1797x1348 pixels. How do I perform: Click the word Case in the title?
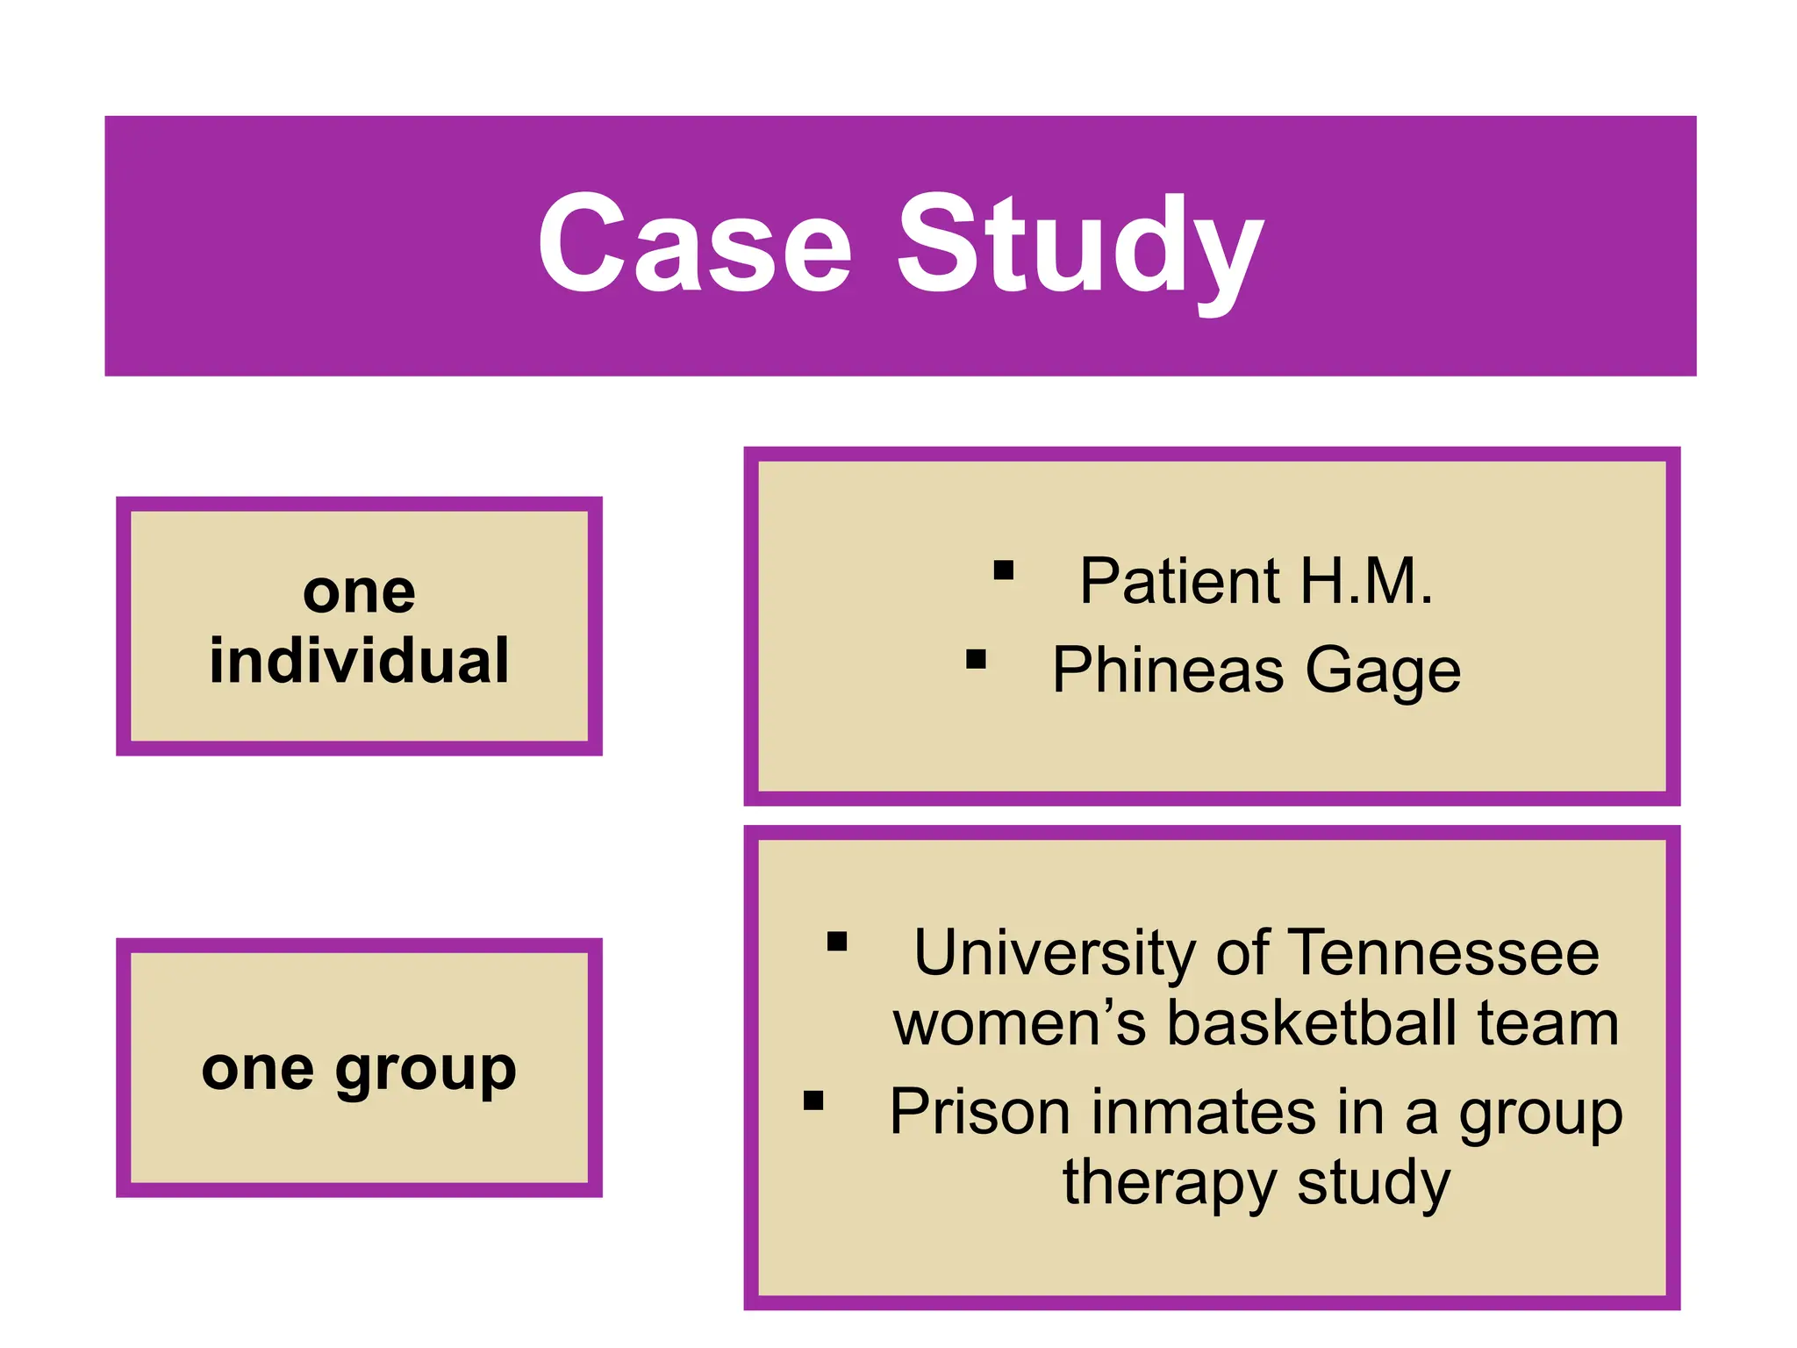(x=694, y=243)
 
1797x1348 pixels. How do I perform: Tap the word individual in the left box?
(x=359, y=660)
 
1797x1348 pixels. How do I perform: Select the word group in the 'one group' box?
(x=426, y=1072)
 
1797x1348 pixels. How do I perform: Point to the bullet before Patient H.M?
(x=1004, y=571)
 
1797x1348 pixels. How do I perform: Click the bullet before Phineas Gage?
(x=976, y=659)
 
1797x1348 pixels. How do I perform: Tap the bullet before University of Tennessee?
(x=837, y=942)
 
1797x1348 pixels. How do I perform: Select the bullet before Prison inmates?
(x=813, y=1101)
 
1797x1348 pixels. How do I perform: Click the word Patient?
(x=1180, y=581)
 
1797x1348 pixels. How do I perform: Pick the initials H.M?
(x=1365, y=581)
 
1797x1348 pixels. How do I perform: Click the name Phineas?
(x=1168, y=670)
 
